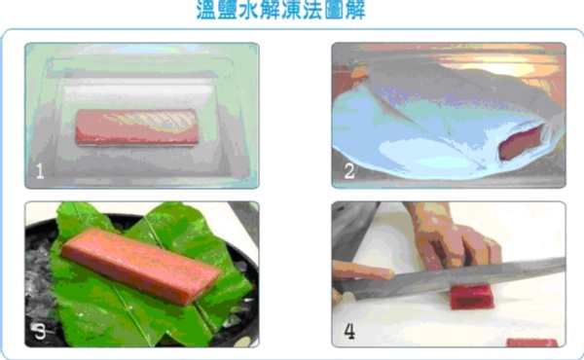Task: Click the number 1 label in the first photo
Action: click(40, 171)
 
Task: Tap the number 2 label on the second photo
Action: click(349, 171)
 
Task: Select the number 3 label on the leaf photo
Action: click(40, 332)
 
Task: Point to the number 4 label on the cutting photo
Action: click(349, 331)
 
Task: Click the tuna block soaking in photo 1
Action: click(136, 126)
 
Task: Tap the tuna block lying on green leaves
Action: click(141, 266)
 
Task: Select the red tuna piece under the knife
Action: click(472, 297)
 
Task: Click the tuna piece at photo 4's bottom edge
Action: click(532, 342)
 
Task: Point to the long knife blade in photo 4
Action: click(451, 277)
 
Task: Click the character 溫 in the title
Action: click(206, 10)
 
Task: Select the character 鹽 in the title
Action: click(228, 10)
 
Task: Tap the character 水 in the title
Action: click(249, 10)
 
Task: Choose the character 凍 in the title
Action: click(292, 10)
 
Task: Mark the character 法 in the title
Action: click(312, 10)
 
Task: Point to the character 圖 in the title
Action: click(334, 10)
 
